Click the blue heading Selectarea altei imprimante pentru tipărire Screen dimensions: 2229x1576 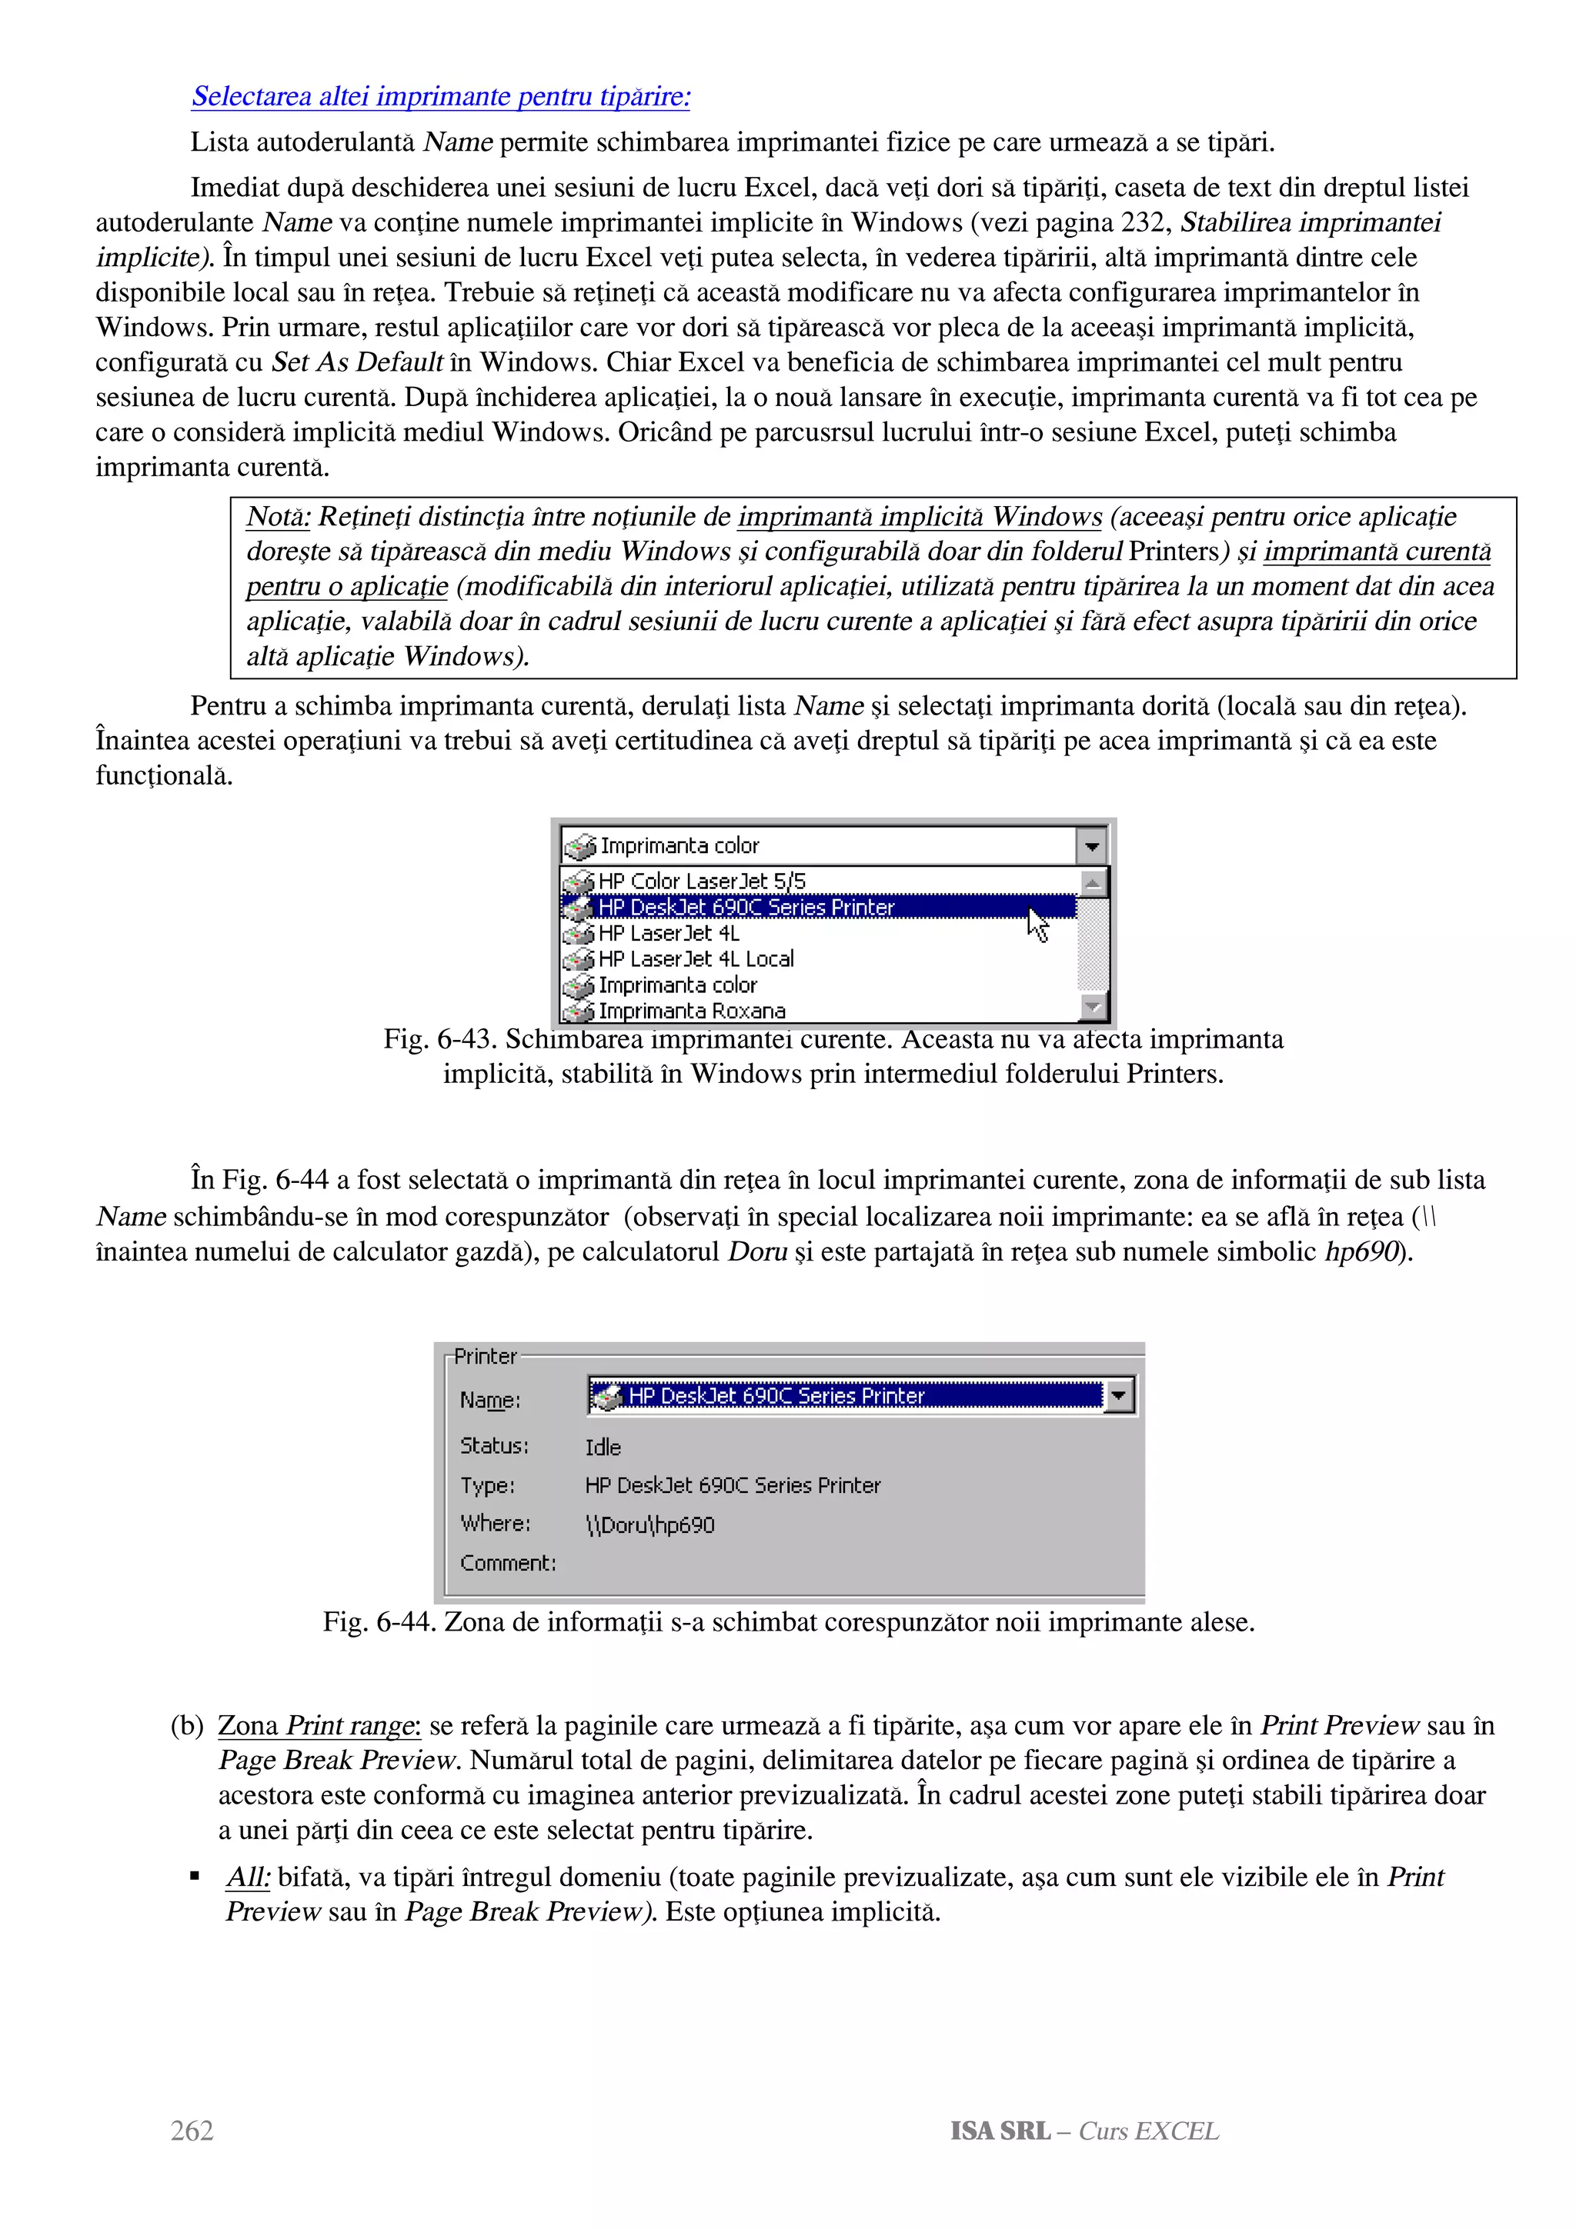click(x=441, y=96)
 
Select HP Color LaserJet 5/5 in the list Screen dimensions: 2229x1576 click(x=701, y=881)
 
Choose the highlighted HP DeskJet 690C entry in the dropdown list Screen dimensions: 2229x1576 click(x=746, y=907)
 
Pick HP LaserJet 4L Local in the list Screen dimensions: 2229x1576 click(x=695, y=959)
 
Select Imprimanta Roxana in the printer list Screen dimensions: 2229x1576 click(x=691, y=1011)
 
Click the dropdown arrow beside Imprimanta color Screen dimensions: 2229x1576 click(x=1091, y=845)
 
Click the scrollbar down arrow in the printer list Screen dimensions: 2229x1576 click(x=1094, y=1007)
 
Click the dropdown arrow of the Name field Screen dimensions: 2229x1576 click(x=1120, y=1396)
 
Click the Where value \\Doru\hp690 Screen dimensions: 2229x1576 click(x=649, y=1525)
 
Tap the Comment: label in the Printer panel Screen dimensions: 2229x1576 click(x=508, y=1563)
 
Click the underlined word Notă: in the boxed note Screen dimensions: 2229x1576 click(x=278, y=516)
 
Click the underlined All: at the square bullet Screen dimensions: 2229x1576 click(x=248, y=1877)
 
